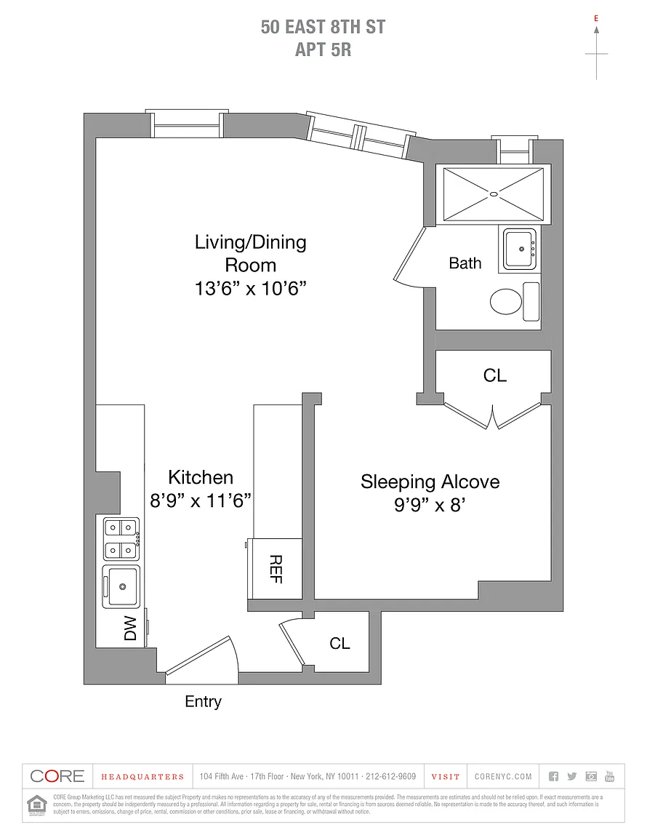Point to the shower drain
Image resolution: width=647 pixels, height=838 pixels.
pos(494,193)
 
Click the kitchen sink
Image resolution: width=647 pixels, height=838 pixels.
pos(121,586)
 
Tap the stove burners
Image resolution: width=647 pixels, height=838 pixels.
pos(121,539)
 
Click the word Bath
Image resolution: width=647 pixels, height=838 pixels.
pos(465,263)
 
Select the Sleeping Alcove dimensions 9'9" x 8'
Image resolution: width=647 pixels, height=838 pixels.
pos(429,505)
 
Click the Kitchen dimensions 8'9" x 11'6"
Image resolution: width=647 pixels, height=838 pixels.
pos(201,500)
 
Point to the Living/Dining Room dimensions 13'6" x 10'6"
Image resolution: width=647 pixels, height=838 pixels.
pos(250,288)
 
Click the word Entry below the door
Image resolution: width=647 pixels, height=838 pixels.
pos(203,702)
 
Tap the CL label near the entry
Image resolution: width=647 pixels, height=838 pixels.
pos(339,644)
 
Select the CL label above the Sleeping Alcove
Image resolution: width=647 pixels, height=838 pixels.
pos(494,375)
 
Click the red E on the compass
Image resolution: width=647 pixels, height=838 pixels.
pos(596,17)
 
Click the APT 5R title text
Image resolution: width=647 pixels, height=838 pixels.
pos(323,50)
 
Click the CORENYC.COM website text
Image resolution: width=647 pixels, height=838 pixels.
pos(503,777)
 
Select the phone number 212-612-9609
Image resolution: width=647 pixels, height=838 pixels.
pos(391,777)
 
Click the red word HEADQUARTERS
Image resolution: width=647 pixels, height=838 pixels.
pos(142,777)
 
